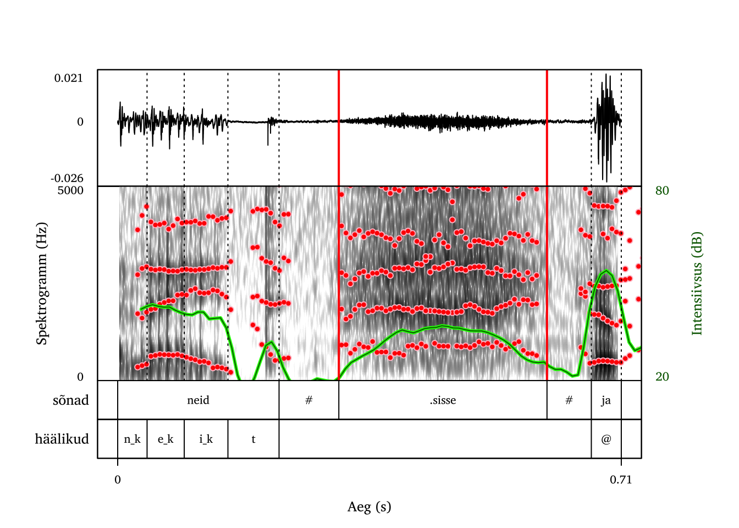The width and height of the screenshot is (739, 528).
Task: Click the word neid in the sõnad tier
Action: click(198, 400)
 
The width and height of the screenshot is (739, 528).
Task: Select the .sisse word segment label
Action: click(443, 400)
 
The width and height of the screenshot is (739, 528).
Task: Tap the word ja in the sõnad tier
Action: click(606, 400)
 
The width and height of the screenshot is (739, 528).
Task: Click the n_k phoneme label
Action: click(132, 439)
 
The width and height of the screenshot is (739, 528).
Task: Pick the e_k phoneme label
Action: click(166, 439)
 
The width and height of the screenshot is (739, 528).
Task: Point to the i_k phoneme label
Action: click(206, 439)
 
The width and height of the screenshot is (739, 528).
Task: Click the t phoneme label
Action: click(253, 439)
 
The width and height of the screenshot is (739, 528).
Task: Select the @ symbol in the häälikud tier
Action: click(606, 439)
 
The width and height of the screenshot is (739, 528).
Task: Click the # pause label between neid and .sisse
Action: click(309, 400)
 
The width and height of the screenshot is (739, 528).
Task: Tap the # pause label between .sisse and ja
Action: click(569, 400)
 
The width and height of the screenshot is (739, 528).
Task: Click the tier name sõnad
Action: click(71, 400)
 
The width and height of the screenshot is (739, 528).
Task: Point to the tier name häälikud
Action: click(62, 439)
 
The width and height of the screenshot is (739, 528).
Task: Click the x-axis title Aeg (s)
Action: click(369, 507)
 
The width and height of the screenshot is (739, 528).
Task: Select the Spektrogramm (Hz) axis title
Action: click(42, 283)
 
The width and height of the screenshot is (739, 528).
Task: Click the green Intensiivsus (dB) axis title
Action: click(697, 283)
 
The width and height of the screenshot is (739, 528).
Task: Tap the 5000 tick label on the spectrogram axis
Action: click(70, 191)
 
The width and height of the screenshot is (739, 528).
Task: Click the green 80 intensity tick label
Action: click(662, 191)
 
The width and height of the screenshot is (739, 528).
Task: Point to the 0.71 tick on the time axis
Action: click(621, 480)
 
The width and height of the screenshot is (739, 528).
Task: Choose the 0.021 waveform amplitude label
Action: click(69, 78)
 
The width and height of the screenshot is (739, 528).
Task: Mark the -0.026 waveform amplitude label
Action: click(67, 178)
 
